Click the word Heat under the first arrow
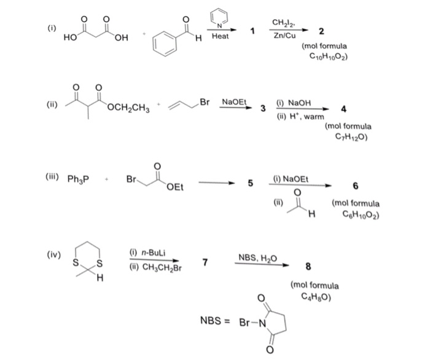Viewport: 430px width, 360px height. [219, 37]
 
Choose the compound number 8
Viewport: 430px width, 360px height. [308, 267]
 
